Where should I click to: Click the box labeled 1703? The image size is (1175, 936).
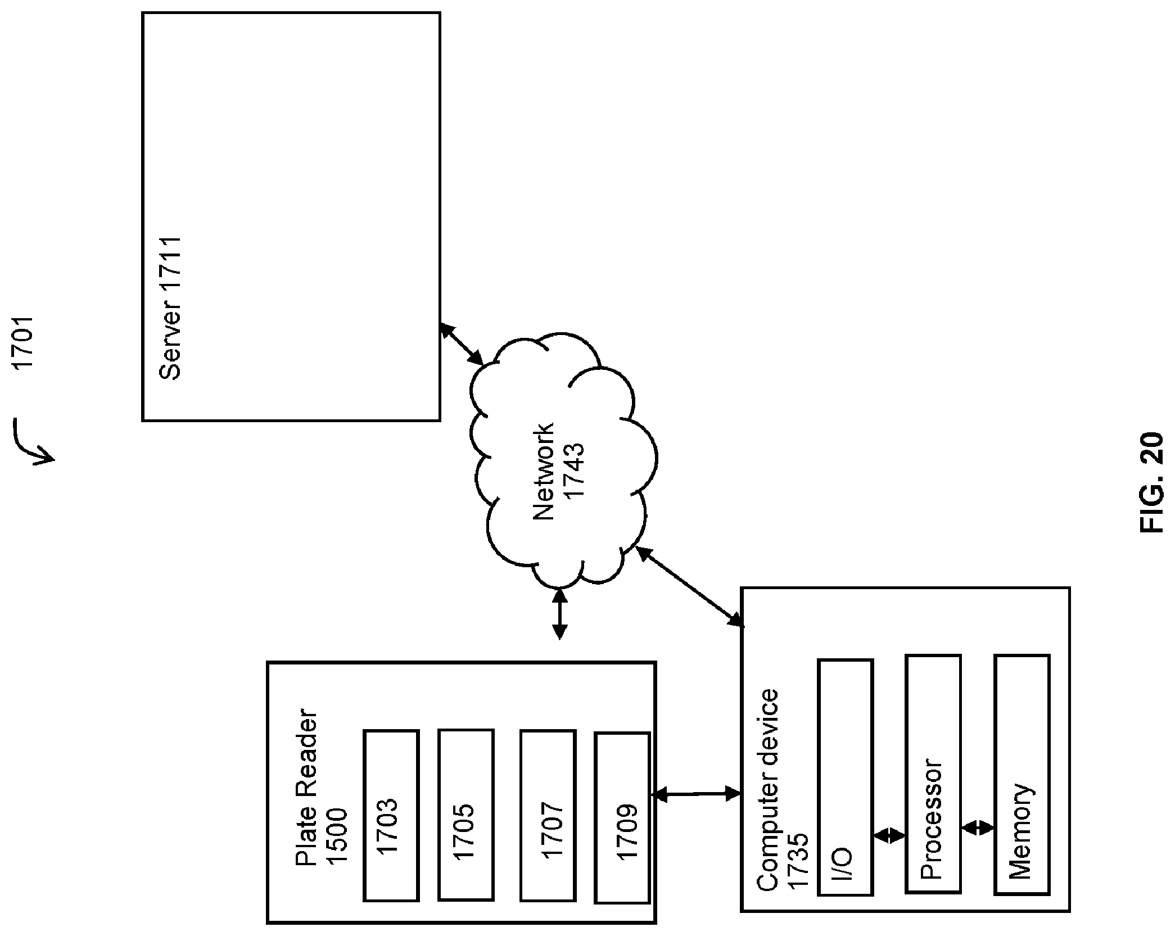391,816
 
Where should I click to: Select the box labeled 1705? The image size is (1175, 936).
466,815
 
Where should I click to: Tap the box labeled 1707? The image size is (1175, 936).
548,815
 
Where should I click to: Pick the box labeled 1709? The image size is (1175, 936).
622,817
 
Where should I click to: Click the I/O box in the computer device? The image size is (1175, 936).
846,777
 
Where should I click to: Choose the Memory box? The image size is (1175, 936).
1022,774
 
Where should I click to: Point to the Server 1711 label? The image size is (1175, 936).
170,308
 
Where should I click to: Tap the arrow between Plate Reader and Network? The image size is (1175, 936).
559,613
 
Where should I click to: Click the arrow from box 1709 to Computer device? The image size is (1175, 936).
695,794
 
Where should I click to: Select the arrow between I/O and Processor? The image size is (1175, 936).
889,835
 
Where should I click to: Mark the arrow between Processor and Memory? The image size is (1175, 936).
978,828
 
